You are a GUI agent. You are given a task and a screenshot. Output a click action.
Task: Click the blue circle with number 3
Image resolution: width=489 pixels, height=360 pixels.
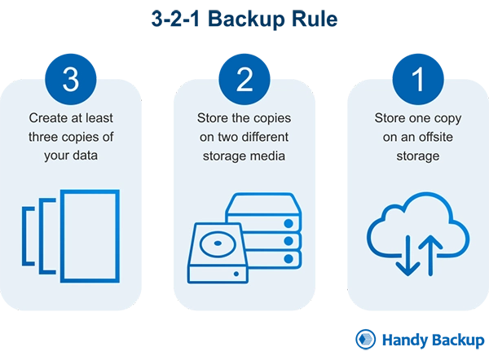[71, 80]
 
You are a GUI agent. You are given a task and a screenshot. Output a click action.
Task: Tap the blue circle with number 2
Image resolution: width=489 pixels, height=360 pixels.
[244, 80]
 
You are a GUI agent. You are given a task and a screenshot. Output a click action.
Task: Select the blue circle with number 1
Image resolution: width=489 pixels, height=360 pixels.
[418, 80]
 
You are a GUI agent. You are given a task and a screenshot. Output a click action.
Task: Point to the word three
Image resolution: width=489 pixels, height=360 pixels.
[46, 136]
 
